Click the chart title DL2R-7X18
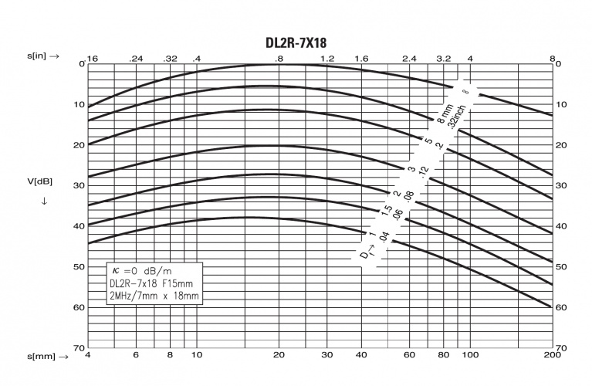(296, 42)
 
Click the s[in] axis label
(43, 56)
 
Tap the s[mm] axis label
(48, 356)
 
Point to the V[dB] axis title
(39, 181)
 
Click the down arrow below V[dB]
(44, 201)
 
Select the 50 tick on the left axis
(79, 266)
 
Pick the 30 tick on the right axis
(561, 185)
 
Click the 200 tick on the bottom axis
(553, 354)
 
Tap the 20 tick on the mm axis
(279, 354)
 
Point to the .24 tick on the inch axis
(136, 59)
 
